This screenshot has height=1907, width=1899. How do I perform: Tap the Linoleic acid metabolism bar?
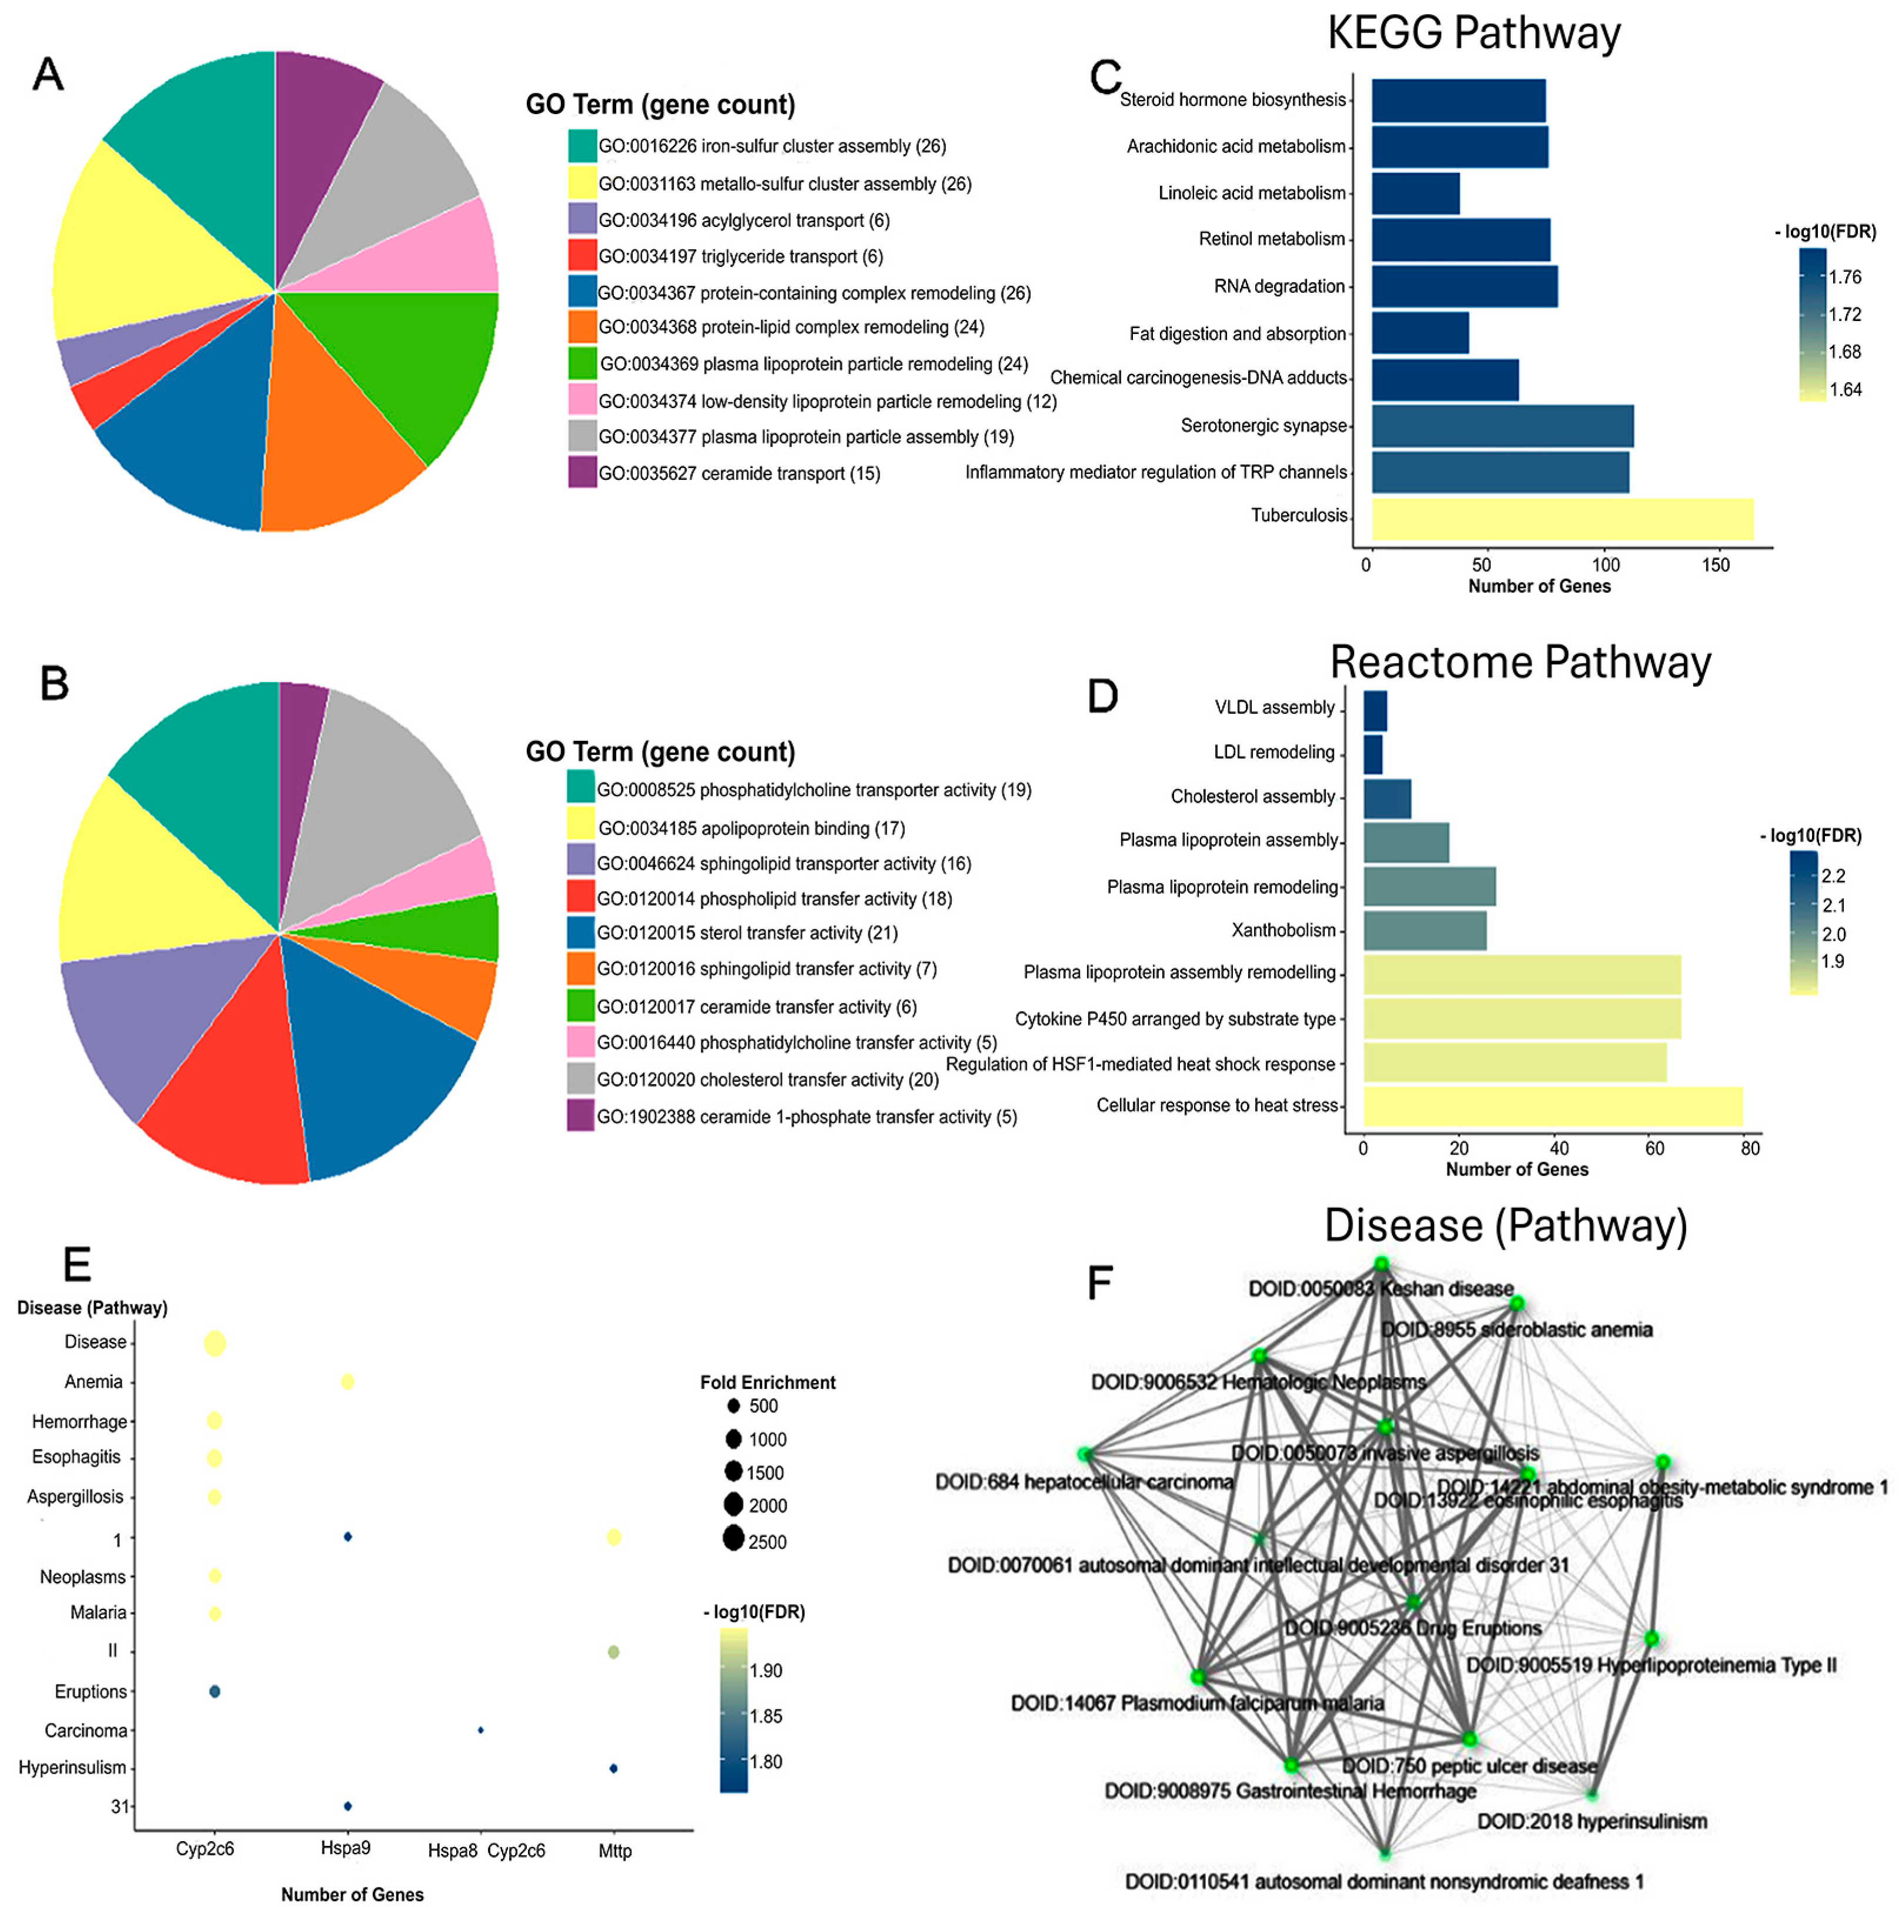click(1415, 193)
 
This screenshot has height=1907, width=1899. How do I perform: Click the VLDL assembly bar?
click(1375, 711)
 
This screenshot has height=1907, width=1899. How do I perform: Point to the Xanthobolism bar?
click(1424, 931)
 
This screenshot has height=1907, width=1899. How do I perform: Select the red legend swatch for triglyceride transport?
click(582, 256)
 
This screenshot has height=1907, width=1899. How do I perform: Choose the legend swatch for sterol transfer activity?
click(580, 932)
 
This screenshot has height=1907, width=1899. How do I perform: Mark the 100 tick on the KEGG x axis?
click(1606, 565)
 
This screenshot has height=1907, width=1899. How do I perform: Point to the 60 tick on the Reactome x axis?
click(1655, 1148)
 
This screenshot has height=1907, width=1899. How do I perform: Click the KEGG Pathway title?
click(1473, 34)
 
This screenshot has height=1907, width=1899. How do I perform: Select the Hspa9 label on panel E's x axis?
click(346, 1848)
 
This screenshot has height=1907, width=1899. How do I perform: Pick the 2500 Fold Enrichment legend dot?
click(733, 1538)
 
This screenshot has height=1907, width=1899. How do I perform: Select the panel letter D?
click(1102, 696)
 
